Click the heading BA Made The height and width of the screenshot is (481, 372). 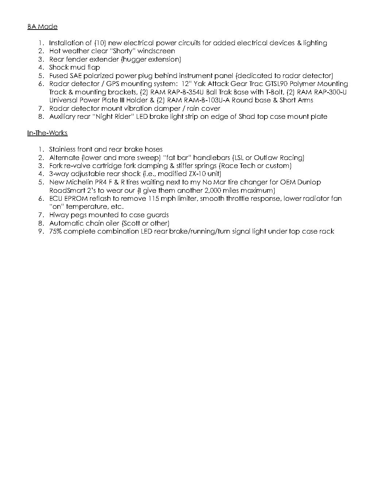pos(42,27)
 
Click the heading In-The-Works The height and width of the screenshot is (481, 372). pos(47,133)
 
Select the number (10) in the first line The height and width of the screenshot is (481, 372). pos(100,43)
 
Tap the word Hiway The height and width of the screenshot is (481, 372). pos(59,215)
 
